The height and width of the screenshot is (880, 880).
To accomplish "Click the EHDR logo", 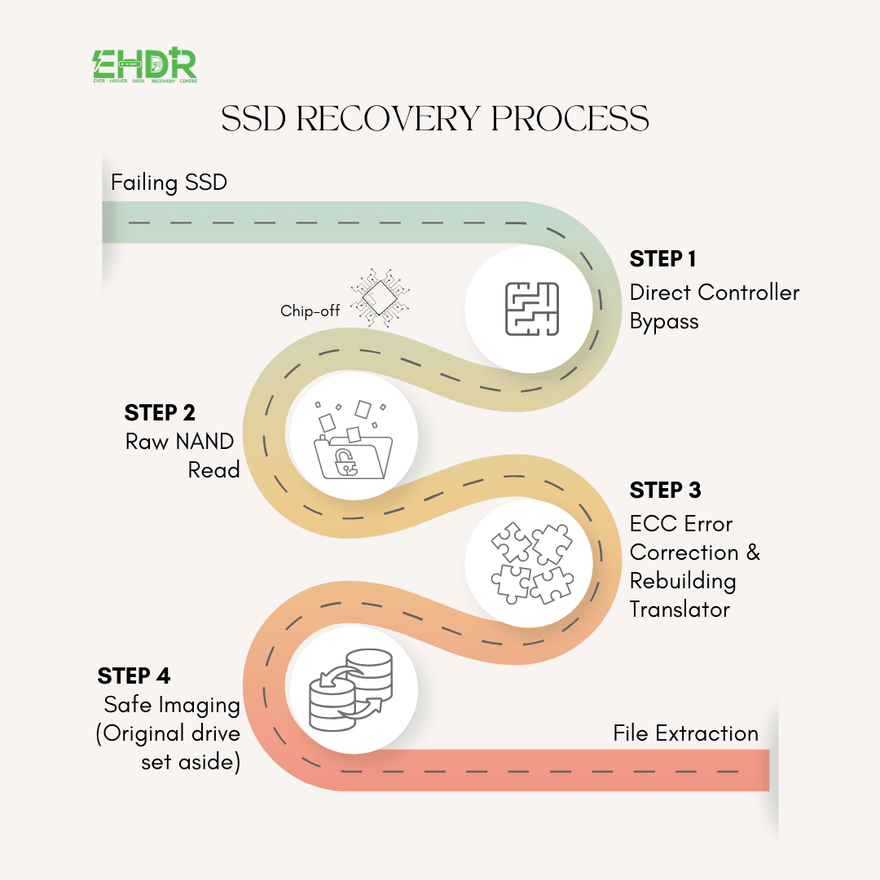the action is pyautogui.click(x=145, y=65).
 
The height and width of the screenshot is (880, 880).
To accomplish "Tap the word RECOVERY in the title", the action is pyautogui.click(x=388, y=118).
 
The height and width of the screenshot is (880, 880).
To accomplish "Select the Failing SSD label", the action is pyautogui.click(x=169, y=183).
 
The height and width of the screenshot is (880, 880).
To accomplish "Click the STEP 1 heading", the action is pyautogui.click(x=662, y=259).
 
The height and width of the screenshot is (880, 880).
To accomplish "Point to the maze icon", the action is pyautogui.click(x=532, y=309).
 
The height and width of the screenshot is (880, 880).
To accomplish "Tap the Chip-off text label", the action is pyautogui.click(x=310, y=311).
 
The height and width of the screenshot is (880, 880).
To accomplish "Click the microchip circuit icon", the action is pyautogui.click(x=380, y=297).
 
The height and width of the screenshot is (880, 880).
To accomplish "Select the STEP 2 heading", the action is pyautogui.click(x=160, y=412).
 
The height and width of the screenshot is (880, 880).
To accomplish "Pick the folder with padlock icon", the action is pyautogui.click(x=353, y=440).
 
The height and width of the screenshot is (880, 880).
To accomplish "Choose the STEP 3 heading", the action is pyautogui.click(x=665, y=490).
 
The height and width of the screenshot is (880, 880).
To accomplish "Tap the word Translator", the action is pyautogui.click(x=680, y=609).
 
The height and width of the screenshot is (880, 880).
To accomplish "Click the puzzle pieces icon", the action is pyautogui.click(x=532, y=564).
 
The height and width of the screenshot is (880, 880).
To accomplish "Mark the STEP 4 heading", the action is pyautogui.click(x=134, y=675).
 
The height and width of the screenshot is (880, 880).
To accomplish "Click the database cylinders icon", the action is pyautogui.click(x=351, y=690).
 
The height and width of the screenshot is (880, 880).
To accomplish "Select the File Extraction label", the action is pyautogui.click(x=686, y=733).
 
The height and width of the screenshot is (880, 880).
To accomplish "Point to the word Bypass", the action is pyautogui.click(x=664, y=322).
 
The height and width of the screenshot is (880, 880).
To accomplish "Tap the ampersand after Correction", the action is pyautogui.click(x=753, y=552).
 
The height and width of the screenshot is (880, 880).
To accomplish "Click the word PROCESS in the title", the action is pyautogui.click(x=570, y=118).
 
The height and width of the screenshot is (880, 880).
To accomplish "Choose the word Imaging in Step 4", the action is pyautogui.click(x=200, y=706).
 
